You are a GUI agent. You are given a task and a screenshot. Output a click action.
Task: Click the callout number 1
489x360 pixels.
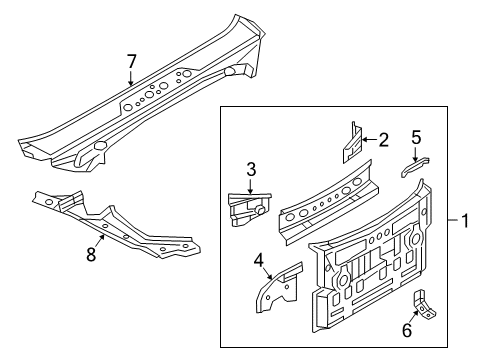point(465,221)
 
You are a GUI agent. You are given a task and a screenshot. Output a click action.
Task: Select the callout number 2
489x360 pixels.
point(384,140)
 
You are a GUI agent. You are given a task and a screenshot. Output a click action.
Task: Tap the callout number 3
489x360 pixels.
point(251,169)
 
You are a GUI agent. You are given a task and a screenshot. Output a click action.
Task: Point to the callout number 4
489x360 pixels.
point(259,260)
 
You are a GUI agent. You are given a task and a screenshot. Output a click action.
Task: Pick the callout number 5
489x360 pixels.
point(416,137)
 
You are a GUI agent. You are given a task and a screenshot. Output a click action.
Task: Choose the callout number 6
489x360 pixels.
point(407,330)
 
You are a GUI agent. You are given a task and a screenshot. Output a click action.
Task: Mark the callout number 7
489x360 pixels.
point(131,61)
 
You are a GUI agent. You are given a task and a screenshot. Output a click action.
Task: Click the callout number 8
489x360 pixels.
point(91,255)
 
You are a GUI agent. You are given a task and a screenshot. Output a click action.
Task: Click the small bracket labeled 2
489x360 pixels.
point(353,142)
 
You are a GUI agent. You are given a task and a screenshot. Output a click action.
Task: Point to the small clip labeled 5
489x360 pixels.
point(415,167)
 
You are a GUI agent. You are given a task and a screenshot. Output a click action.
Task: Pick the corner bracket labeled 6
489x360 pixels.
point(424,306)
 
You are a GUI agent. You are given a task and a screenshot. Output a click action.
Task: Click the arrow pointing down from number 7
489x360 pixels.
point(130,78)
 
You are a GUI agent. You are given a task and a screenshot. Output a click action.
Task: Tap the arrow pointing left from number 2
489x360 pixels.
point(369,139)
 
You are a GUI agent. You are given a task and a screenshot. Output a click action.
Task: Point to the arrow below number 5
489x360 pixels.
point(416,154)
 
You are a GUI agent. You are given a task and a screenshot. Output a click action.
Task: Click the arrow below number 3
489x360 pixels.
point(250,186)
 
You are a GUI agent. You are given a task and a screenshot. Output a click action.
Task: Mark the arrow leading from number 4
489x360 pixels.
point(269,273)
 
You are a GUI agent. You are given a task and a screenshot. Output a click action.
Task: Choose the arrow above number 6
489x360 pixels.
point(414,316)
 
